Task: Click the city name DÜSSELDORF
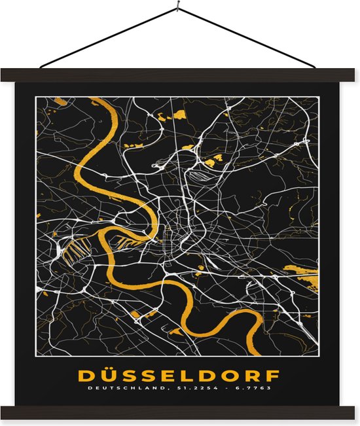pyautogui.click(x=179, y=376)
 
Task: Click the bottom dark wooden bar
pyautogui.click(x=179, y=412)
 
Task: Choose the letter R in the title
pyautogui.click(x=253, y=376)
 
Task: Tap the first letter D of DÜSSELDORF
pyautogui.click(x=86, y=376)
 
